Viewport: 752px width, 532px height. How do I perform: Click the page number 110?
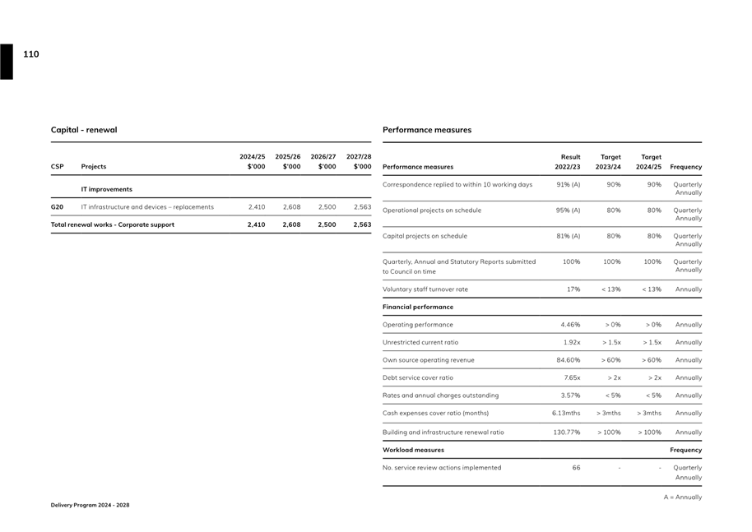(x=30, y=54)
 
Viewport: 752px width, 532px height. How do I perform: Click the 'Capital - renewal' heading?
(x=84, y=130)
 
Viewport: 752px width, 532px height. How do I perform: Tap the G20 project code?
(x=58, y=207)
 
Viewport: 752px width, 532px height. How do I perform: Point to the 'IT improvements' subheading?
(x=106, y=189)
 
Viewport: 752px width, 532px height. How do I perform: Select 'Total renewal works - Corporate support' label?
(x=113, y=224)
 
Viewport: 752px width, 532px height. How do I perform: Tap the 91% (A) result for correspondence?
(x=569, y=185)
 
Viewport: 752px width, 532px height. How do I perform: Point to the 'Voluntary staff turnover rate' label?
(x=425, y=289)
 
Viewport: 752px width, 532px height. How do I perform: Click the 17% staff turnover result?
(x=573, y=289)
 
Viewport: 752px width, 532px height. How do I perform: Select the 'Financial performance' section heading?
(x=418, y=307)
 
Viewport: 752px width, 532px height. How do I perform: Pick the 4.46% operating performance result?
(x=570, y=325)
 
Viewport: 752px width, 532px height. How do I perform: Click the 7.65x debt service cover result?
(x=572, y=378)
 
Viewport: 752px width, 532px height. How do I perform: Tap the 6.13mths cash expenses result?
(x=566, y=414)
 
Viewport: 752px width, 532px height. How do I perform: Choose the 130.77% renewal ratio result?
(x=566, y=433)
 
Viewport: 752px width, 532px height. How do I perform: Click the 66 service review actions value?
(x=576, y=468)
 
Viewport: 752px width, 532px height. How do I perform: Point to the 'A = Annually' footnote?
(x=683, y=497)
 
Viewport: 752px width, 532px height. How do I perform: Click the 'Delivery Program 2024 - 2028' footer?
(x=91, y=505)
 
